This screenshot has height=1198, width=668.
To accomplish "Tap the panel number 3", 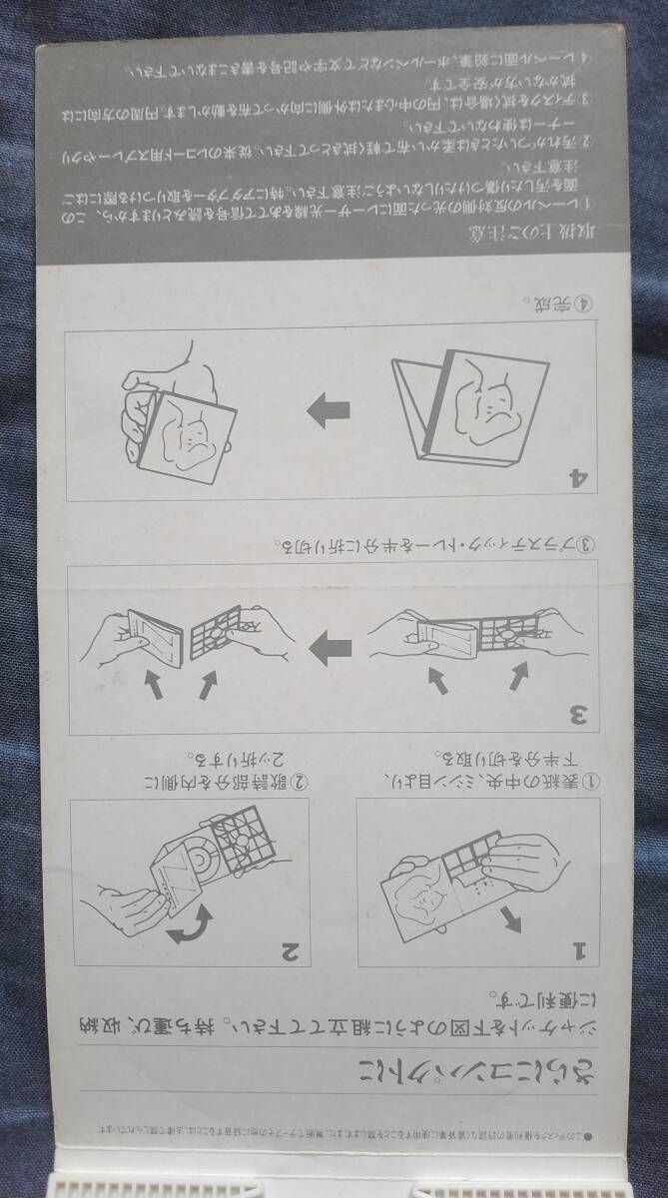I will [x=576, y=715].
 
